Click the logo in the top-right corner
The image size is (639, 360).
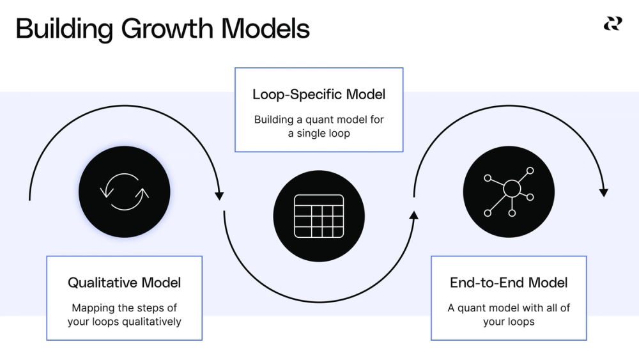(612, 24)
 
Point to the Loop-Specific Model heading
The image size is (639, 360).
(319, 95)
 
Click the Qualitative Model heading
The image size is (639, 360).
(125, 283)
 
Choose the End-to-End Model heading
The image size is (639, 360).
(509, 283)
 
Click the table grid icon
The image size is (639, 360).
(319, 215)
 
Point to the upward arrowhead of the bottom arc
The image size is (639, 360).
(413, 215)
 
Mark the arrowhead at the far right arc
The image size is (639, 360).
(604, 192)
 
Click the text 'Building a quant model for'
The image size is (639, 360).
(319, 120)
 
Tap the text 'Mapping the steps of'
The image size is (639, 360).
(125, 308)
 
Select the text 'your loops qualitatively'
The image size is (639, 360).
(125, 321)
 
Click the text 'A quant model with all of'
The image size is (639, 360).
(509, 308)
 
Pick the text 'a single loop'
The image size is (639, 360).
(319, 133)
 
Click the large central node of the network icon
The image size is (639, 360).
(512, 189)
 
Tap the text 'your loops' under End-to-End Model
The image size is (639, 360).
(509, 321)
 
